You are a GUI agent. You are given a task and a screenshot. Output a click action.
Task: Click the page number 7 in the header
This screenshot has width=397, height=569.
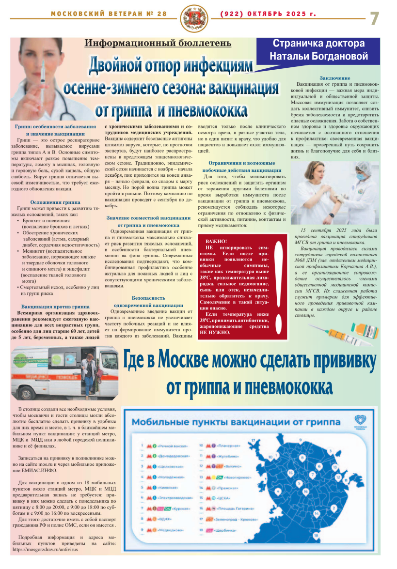(375, 18)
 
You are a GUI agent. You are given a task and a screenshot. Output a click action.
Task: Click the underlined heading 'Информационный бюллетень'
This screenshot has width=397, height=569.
(158, 44)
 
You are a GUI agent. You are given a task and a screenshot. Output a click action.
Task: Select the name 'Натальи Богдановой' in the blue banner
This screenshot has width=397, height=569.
(318, 56)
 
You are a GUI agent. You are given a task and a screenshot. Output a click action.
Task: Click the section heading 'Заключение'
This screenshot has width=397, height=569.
(334, 78)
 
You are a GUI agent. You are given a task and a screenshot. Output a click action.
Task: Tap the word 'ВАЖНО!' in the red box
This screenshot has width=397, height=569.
(216, 241)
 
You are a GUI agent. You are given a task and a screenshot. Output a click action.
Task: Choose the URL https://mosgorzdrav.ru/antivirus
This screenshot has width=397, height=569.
(48, 549)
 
